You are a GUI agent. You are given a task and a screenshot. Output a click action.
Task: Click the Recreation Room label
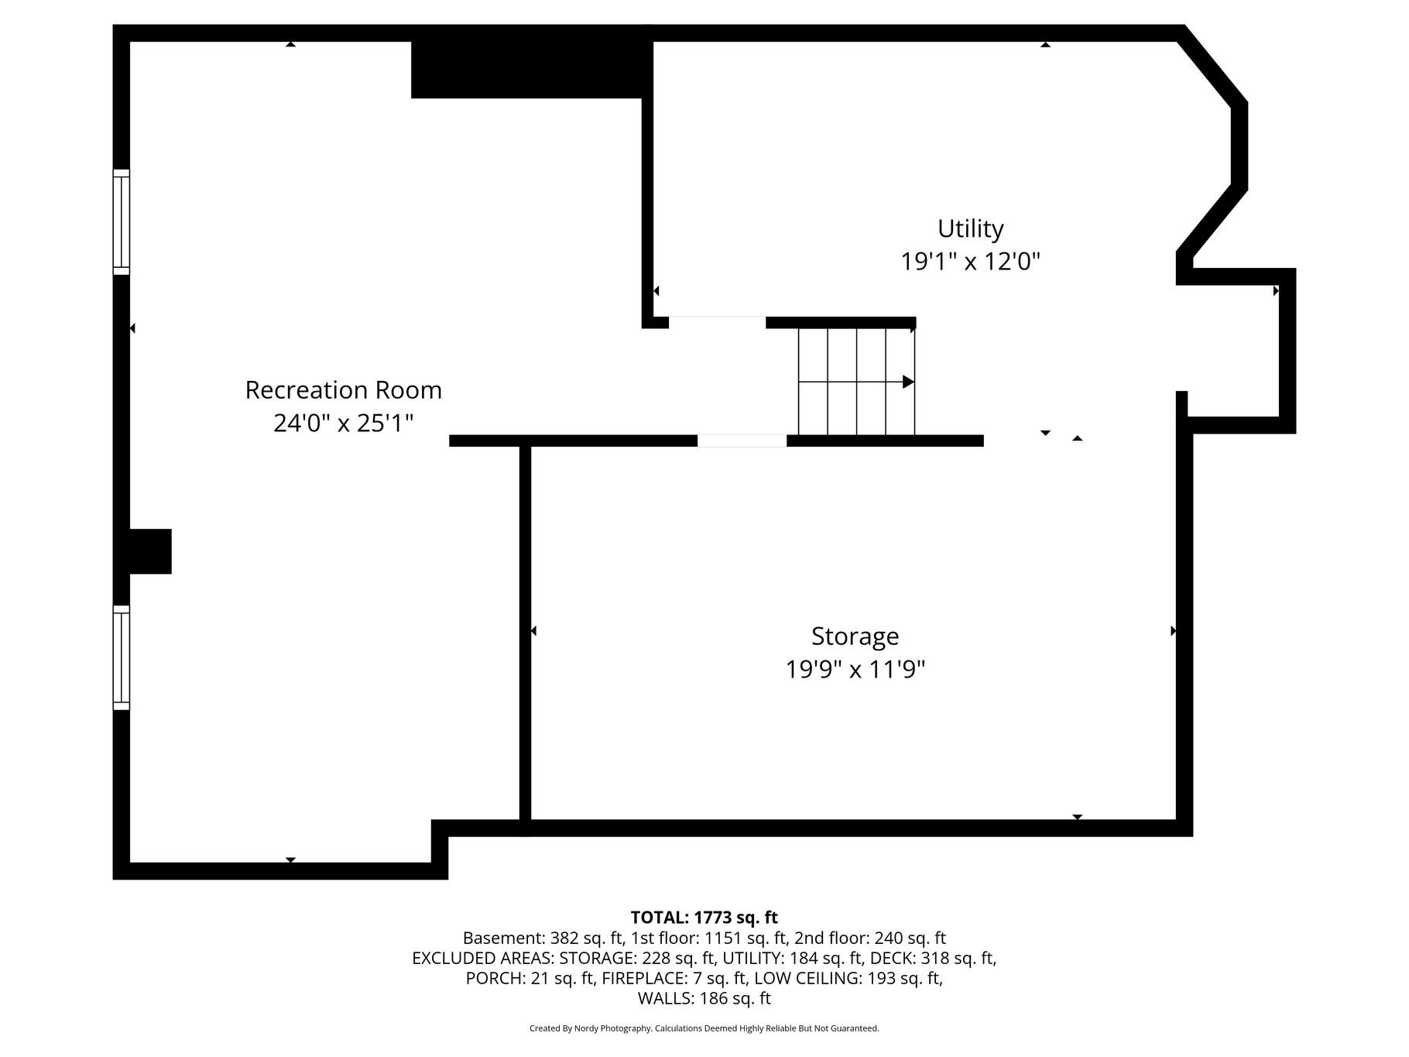click(x=344, y=390)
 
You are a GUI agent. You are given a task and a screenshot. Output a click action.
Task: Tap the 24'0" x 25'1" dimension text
click(x=344, y=424)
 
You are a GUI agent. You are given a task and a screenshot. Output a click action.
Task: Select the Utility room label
click(x=971, y=229)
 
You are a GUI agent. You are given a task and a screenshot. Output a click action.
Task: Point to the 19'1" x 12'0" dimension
click(x=970, y=262)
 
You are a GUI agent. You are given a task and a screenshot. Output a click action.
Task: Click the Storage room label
click(x=855, y=637)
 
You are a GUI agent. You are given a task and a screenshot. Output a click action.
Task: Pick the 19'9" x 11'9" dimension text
click(x=855, y=669)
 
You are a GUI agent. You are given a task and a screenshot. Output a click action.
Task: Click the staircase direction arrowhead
click(x=909, y=382)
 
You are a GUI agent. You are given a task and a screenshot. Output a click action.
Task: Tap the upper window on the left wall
click(x=122, y=222)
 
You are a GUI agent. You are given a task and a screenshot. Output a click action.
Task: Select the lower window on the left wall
click(x=122, y=657)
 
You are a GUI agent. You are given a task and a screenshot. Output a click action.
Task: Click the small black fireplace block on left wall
click(x=150, y=551)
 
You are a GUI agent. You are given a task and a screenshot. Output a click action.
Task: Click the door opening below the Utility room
click(x=718, y=322)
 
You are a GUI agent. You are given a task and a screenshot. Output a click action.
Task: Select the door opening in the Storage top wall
click(x=742, y=441)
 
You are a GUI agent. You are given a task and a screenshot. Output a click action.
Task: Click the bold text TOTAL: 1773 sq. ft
click(x=704, y=918)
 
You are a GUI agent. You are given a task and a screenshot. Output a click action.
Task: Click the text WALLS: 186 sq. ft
click(x=704, y=999)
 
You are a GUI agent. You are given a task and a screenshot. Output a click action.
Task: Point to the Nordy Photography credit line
click(x=704, y=1028)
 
